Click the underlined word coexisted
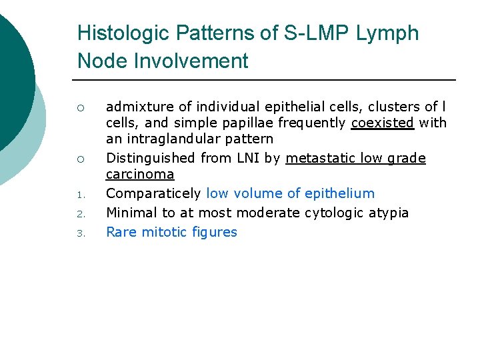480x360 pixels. pyautogui.click(x=382, y=123)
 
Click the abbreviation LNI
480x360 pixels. pyautogui.click(x=244, y=158)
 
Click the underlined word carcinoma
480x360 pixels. pyautogui.click(x=140, y=175)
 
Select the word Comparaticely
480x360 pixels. pyautogui.click(x=153, y=194)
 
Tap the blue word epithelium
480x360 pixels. pyautogui.click(x=339, y=193)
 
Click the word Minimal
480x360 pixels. pyautogui.click(x=130, y=213)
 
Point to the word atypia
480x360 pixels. pyautogui.click(x=391, y=213)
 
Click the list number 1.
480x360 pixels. pyautogui.click(x=78, y=195)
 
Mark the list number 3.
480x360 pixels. pyautogui.click(x=78, y=233)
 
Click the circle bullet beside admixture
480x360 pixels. pyautogui.click(x=79, y=107)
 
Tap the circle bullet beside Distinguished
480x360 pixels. pyautogui.click(x=79, y=159)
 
